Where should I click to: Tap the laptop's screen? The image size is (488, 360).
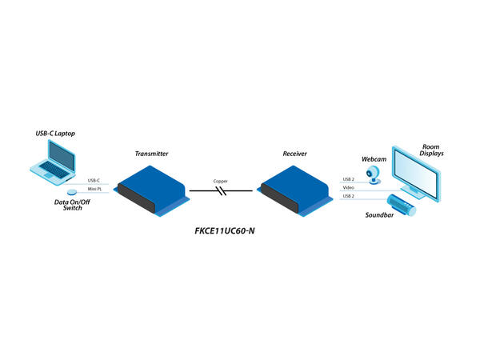click(62, 153)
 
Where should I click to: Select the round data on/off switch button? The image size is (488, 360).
click(71, 193)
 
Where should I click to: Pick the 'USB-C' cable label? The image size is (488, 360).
click(94, 180)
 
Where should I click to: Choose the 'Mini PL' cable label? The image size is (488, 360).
click(94, 190)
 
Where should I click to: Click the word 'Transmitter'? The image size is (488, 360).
click(151, 152)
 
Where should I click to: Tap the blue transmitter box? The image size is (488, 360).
click(152, 186)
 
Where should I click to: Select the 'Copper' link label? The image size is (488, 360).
click(221, 181)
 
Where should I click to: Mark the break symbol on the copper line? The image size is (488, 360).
click(222, 191)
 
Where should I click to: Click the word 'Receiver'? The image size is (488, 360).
click(295, 152)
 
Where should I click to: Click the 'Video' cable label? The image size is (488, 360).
click(348, 188)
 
